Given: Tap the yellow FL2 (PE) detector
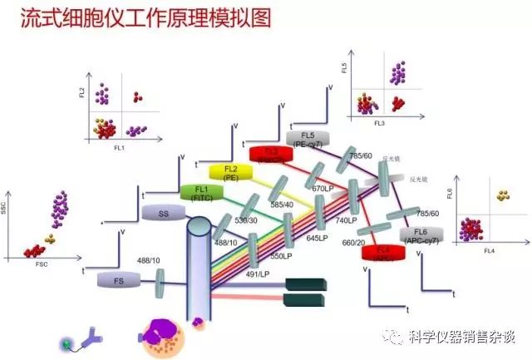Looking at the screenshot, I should pos(230,172).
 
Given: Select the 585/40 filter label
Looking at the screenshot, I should pos(281,204).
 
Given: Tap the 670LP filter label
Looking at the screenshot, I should pos(323,189).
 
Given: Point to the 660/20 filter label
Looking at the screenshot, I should pos(353,242).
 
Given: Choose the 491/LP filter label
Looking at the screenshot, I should pos(257,274).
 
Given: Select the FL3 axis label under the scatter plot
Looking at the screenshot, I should pos(379,122).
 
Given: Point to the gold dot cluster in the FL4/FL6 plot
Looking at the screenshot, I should pos(502,196).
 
